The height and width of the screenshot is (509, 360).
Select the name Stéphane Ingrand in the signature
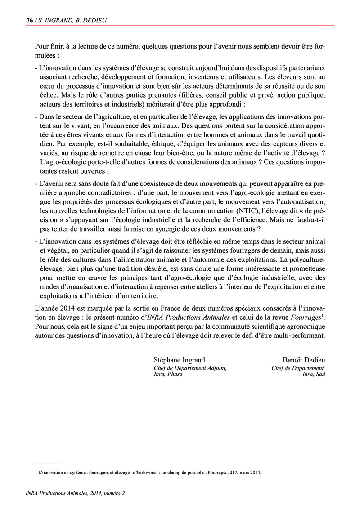click(180, 360)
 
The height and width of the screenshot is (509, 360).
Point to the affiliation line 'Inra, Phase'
click(168, 374)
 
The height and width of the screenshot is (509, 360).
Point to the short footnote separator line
click(47, 463)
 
